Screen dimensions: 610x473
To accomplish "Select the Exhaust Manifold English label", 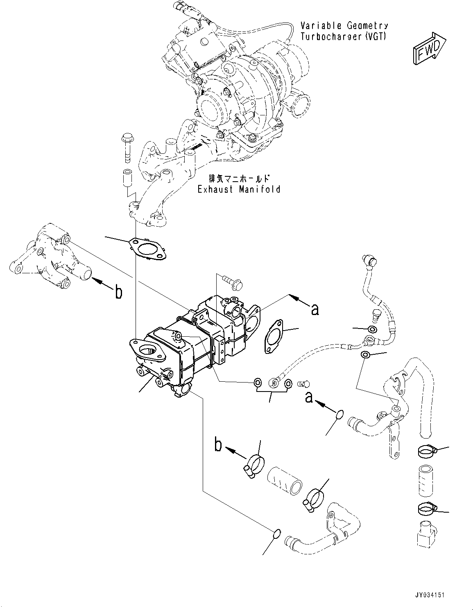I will point(239,189).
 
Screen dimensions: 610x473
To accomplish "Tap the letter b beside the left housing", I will point(118,293).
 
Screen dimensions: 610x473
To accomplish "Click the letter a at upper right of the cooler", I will point(315,310).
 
